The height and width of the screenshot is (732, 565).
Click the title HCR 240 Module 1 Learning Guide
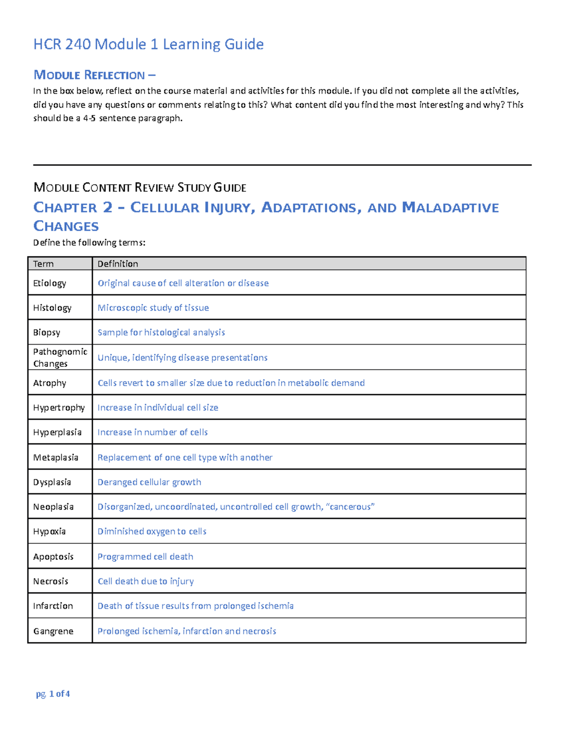click(148, 44)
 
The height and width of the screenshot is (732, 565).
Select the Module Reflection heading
click(94, 75)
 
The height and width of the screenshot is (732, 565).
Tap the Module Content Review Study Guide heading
click(140, 188)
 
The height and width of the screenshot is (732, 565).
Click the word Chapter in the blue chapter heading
click(65, 208)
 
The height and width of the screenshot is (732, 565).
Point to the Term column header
click(43, 264)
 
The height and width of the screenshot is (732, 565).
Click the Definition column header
click(118, 264)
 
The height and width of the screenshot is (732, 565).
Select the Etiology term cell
click(49, 283)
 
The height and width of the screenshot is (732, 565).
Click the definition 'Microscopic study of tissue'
click(153, 308)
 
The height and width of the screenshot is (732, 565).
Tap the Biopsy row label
click(47, 332)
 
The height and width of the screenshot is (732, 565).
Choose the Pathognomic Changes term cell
click(60, 357)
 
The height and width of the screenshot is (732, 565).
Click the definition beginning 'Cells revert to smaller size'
click(231, 383)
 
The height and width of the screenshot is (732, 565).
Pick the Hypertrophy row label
click(59, 408)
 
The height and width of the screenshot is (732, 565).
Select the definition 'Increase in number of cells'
click(153, 432)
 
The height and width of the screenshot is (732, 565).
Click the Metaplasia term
click(56, 457)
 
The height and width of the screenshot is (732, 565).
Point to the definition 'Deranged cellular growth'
click(149, 482)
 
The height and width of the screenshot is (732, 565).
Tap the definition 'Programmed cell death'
click(145, 557)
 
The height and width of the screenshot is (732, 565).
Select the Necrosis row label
click(50, 581)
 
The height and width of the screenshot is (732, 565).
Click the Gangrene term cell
click(53, 631)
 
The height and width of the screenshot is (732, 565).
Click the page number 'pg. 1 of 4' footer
click(53, 694)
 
